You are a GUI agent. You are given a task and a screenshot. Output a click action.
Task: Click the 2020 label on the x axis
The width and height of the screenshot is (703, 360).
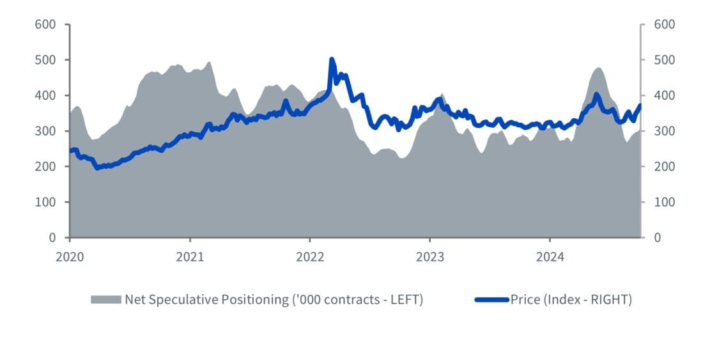pyautogui.click(x=70, y=257)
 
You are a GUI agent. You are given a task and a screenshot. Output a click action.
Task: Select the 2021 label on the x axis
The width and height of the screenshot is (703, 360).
pyautogui.click(x=190, y=257)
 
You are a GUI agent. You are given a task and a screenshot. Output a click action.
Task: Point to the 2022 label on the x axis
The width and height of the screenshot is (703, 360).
pyautogui.click(x=310, y=257)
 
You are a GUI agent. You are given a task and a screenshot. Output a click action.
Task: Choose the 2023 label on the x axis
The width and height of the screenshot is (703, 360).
pyautogui.click(x=430, y=257)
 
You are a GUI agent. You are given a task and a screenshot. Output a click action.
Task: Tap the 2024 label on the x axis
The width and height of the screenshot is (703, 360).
pyautogui.click(x=550, y=257)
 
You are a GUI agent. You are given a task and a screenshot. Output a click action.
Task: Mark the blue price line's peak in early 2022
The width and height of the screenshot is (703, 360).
pyautogui.click(x=332, y=59)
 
